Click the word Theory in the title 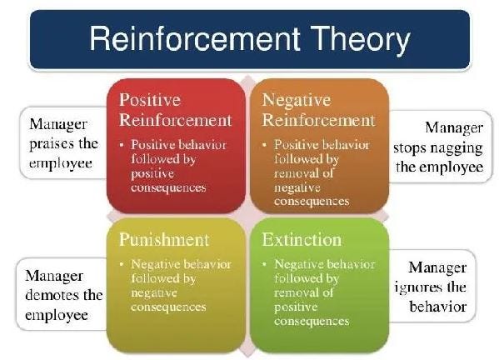360,39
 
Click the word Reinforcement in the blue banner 195,38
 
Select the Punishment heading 164,240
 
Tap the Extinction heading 302,239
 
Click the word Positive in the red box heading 150,100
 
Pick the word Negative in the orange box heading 297,100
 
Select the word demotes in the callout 54,295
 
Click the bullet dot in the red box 122,145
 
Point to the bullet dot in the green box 264,264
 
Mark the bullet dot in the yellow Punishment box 122,264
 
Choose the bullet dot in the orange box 264,145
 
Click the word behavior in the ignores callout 438,307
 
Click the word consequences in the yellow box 168,307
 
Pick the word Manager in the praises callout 58,124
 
